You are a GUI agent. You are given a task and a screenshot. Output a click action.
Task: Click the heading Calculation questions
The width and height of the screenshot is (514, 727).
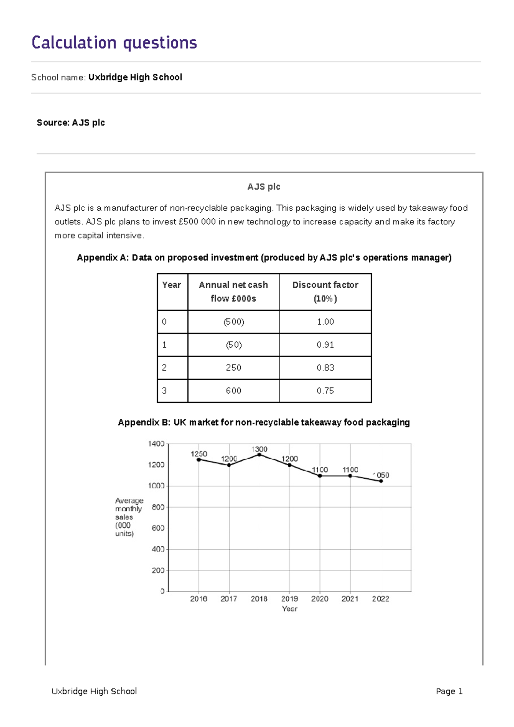pyautogui.click(x=114, y=43)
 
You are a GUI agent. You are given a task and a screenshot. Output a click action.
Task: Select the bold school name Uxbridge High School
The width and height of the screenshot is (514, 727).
pyautogui.click(x=135, y=77)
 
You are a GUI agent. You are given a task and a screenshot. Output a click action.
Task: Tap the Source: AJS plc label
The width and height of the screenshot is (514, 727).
pyautogui.click(x=71, y=122)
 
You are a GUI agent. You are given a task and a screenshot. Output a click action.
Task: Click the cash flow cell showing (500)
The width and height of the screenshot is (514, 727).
pyautogui.click(x=233, y=322)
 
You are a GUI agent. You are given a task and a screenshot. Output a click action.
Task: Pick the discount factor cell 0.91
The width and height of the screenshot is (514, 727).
pyautogui.click(x=325, y=345)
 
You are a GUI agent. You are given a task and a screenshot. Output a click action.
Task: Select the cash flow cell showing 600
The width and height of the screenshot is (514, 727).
pyautogui.click(x=233, y=390)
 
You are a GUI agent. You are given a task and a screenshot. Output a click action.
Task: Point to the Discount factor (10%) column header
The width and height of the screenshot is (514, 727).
pyautogui.click(x=325, y=292)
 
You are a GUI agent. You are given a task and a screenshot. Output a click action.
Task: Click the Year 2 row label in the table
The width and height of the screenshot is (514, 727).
pyautogui.click(x=164, y=367)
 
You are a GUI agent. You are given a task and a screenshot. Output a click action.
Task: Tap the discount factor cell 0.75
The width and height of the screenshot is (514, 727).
pyautogui.click(x=325, y=390)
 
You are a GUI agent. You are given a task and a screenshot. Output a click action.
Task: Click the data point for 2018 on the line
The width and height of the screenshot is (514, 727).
pyautogui.click(x=259, y=455)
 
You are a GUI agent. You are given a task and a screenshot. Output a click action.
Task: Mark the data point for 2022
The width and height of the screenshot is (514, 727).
pyautogui.click(x=381, y=481)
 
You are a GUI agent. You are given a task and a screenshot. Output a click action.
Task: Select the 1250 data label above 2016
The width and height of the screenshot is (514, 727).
pyautogui.click(x=199, y=453)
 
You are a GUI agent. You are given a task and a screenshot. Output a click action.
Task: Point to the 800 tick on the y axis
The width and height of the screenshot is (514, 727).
pyautogui.click(x=158, y=507)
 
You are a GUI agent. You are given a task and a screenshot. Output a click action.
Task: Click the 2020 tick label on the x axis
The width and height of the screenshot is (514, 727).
pyautogui.click(x=320, y=599)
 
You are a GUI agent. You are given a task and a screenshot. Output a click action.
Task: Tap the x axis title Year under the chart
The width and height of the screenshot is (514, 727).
pyautogui.click(x=290, y=608)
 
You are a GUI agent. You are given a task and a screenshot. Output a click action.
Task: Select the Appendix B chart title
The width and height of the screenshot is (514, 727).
pyautogui.click(x=264, y=422)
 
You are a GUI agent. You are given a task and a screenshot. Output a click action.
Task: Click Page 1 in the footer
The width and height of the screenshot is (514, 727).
pyautogui.click(x=449, y=691)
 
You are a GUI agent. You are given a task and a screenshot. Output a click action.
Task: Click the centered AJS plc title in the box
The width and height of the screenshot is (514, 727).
pyautogui.click(x=263, y=187)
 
